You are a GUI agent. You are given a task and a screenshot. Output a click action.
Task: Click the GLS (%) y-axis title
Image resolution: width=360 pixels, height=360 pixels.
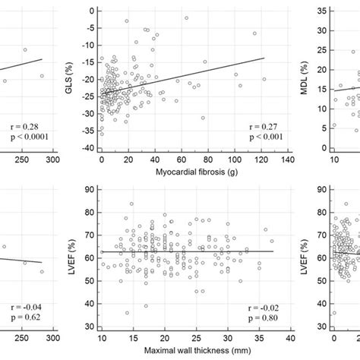click(x=70, y=74)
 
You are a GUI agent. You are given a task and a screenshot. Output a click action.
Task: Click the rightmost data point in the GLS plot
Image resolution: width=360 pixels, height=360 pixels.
click(x=264, y=79)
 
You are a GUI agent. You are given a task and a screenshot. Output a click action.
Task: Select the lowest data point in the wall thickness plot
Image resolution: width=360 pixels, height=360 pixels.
click(x=127, y=312)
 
